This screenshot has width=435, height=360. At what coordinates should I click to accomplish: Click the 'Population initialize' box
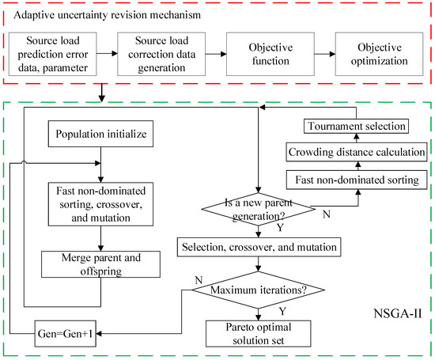(100, 134)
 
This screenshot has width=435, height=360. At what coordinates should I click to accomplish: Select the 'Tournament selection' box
(356, 127)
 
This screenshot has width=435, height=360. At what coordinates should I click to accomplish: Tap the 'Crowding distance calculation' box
(357, 152)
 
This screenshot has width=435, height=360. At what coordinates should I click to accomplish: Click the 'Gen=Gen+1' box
(65, 334)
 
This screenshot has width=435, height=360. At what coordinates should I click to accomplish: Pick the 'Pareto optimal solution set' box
(259, 334)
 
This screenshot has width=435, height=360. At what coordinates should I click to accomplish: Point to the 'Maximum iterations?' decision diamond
(259, 290)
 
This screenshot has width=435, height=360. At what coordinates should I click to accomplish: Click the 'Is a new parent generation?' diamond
(259, 210)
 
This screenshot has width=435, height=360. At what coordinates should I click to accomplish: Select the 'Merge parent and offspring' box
(100, 264)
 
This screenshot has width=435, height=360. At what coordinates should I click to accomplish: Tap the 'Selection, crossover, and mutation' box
(259, 247)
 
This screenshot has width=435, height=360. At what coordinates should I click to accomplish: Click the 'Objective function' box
(270, 54)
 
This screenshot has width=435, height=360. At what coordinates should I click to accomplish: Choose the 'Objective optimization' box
(379, 54)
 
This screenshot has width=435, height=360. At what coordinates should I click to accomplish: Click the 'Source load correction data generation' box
(161, 54)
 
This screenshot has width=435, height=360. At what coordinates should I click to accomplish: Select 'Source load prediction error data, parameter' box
(53, 54)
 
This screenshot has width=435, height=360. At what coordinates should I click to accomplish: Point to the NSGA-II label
(398, 313)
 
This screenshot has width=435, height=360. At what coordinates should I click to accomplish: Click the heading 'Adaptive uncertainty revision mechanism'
(107, 15)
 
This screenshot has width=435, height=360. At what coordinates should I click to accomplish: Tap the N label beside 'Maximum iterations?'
(199, 280)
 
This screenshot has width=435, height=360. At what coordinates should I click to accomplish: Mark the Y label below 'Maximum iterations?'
(282, 311)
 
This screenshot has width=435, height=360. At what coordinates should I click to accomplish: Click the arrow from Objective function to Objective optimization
(325, 54)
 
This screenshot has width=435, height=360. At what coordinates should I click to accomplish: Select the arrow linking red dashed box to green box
(102, 93)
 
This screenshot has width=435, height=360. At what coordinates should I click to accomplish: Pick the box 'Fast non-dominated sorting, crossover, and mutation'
(100, 204)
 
